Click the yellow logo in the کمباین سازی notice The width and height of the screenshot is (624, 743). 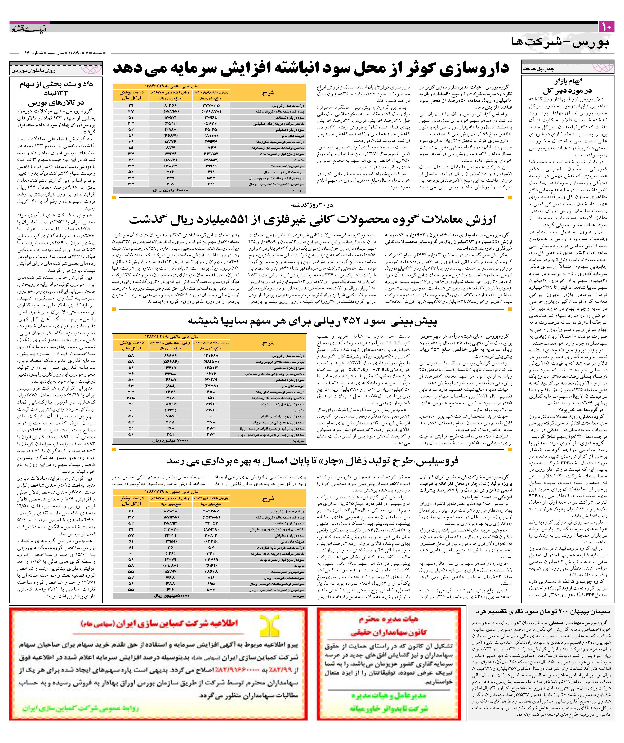point(268,624)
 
